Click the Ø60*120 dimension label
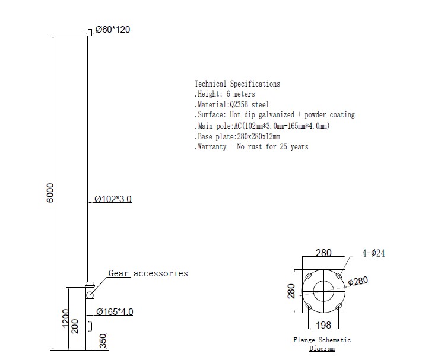click(113, 29)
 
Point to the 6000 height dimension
click(49, 193)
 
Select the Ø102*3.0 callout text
click(113, 199)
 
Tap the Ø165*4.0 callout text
click(115, 311)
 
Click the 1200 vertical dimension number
click(65, 318)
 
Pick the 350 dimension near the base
click(103, 341)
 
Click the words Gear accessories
click(148, 273)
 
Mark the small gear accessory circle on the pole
click(90, 295)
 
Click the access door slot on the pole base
click(90, 327)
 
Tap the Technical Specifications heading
click(237, 84)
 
